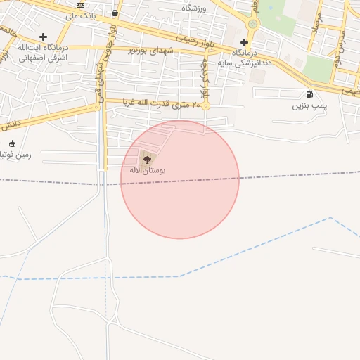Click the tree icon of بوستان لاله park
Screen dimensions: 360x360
point(147,160)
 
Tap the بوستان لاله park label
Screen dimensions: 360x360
point(147,170)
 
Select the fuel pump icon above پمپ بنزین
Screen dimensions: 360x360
point(309,95)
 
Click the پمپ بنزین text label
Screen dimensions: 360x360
point(309,105)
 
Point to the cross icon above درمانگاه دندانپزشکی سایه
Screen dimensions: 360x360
point(244,42)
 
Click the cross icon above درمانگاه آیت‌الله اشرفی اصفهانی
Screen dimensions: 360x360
point(43,37)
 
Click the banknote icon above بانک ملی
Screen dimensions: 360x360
point(80,5)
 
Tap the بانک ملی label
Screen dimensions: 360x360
point(80,15)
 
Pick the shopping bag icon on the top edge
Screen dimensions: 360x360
point(115,13)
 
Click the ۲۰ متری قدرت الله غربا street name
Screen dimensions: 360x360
point(162,103)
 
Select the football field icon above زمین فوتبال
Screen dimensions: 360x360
point(12,143)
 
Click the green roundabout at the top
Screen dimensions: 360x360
point(253,24)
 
